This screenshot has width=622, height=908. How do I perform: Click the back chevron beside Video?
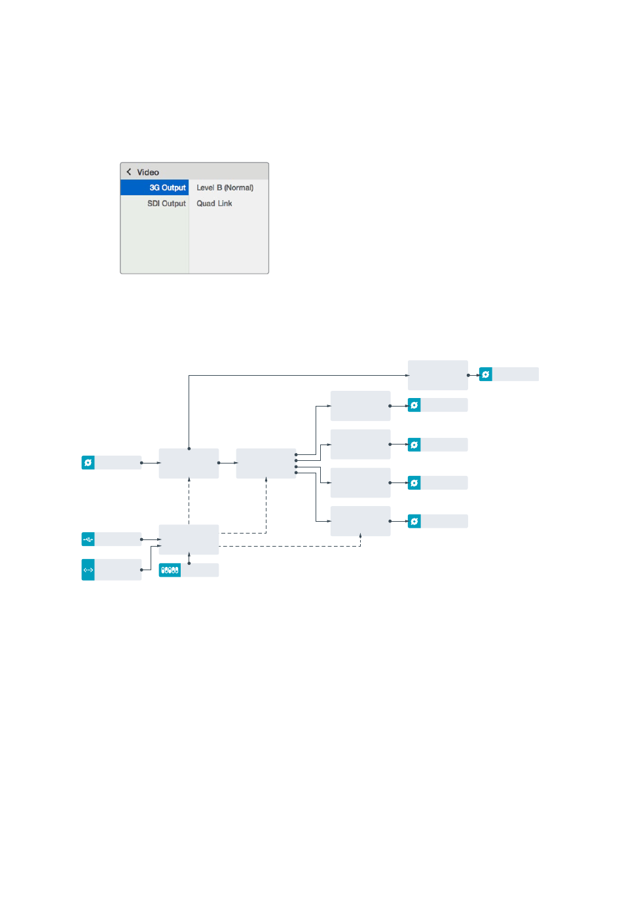(x=128, y=172)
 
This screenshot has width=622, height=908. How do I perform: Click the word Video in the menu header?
(x=148, y=172)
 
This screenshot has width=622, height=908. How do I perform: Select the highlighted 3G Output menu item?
(x=155, y=188)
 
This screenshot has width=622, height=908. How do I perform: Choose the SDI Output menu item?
(x=166, y=204)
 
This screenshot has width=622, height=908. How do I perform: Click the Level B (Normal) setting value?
(x=225, y=188)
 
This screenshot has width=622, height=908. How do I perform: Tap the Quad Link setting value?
(x=214, y=204)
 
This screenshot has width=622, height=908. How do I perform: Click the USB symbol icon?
(x=88, y=539)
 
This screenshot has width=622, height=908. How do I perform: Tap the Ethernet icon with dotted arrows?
(x=88, y=570)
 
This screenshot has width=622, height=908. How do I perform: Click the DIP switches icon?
(x=170, y=570)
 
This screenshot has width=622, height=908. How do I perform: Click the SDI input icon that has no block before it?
(x=88, y=463)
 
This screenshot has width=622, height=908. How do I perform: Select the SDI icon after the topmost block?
(x=486, y=374)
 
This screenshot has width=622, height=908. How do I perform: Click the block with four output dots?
(x=266, y=463)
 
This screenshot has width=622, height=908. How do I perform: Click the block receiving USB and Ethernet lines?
(x=189, y=539)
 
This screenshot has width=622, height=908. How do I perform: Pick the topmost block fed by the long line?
(x=438, y=375)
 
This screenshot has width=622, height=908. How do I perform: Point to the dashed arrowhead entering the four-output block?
(x=266, y=480)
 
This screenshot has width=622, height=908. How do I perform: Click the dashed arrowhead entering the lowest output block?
(x=361, y=536)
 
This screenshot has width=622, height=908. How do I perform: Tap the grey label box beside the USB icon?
(x=118, y=539)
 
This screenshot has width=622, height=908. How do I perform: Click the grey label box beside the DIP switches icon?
(x=200, y=570)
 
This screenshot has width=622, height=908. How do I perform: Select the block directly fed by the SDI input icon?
(x=189, y=463)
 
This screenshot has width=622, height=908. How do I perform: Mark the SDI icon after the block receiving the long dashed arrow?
(x=414, y=521)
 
